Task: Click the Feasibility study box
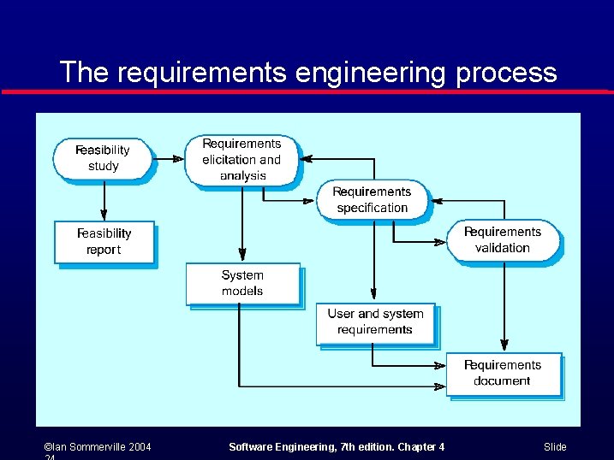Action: tap(103, 158)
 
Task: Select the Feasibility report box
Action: tap(104, 242)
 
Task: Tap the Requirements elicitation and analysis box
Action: tap(242, 160)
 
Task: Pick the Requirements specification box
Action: tap(372, 200)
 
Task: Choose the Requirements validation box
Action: tap(503, 240)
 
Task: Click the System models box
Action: tap(242, 283)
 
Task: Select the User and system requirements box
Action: tap(375, 322)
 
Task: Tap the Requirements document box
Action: tap(503, 373)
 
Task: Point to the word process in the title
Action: tap(506, 73)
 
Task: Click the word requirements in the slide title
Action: tap(201, 73)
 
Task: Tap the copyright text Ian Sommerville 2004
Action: tap(98, 447)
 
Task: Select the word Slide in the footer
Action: tap(555, 447)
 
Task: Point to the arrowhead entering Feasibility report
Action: tap(104, 215)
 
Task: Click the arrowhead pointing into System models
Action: tap(242, 256)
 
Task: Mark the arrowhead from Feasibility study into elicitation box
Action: tap(179, 158)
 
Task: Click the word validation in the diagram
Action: tap(503, 248)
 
